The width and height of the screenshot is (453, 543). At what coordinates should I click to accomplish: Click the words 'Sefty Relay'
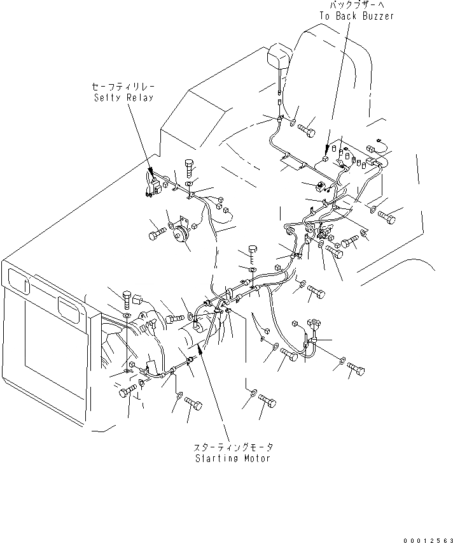click(123, 97)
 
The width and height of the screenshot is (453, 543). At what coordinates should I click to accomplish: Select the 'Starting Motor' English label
click(233, 458)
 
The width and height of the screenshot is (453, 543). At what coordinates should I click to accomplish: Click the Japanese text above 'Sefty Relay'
click(123, 87)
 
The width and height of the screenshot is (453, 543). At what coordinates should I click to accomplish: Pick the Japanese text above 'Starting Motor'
click(233, 448)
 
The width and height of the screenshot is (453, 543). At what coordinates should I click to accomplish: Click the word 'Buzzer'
click(378, 16)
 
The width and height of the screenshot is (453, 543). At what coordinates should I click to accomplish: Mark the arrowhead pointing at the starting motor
click(200, 349)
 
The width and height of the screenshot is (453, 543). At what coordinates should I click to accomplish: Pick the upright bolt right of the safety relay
click(191, 168)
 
